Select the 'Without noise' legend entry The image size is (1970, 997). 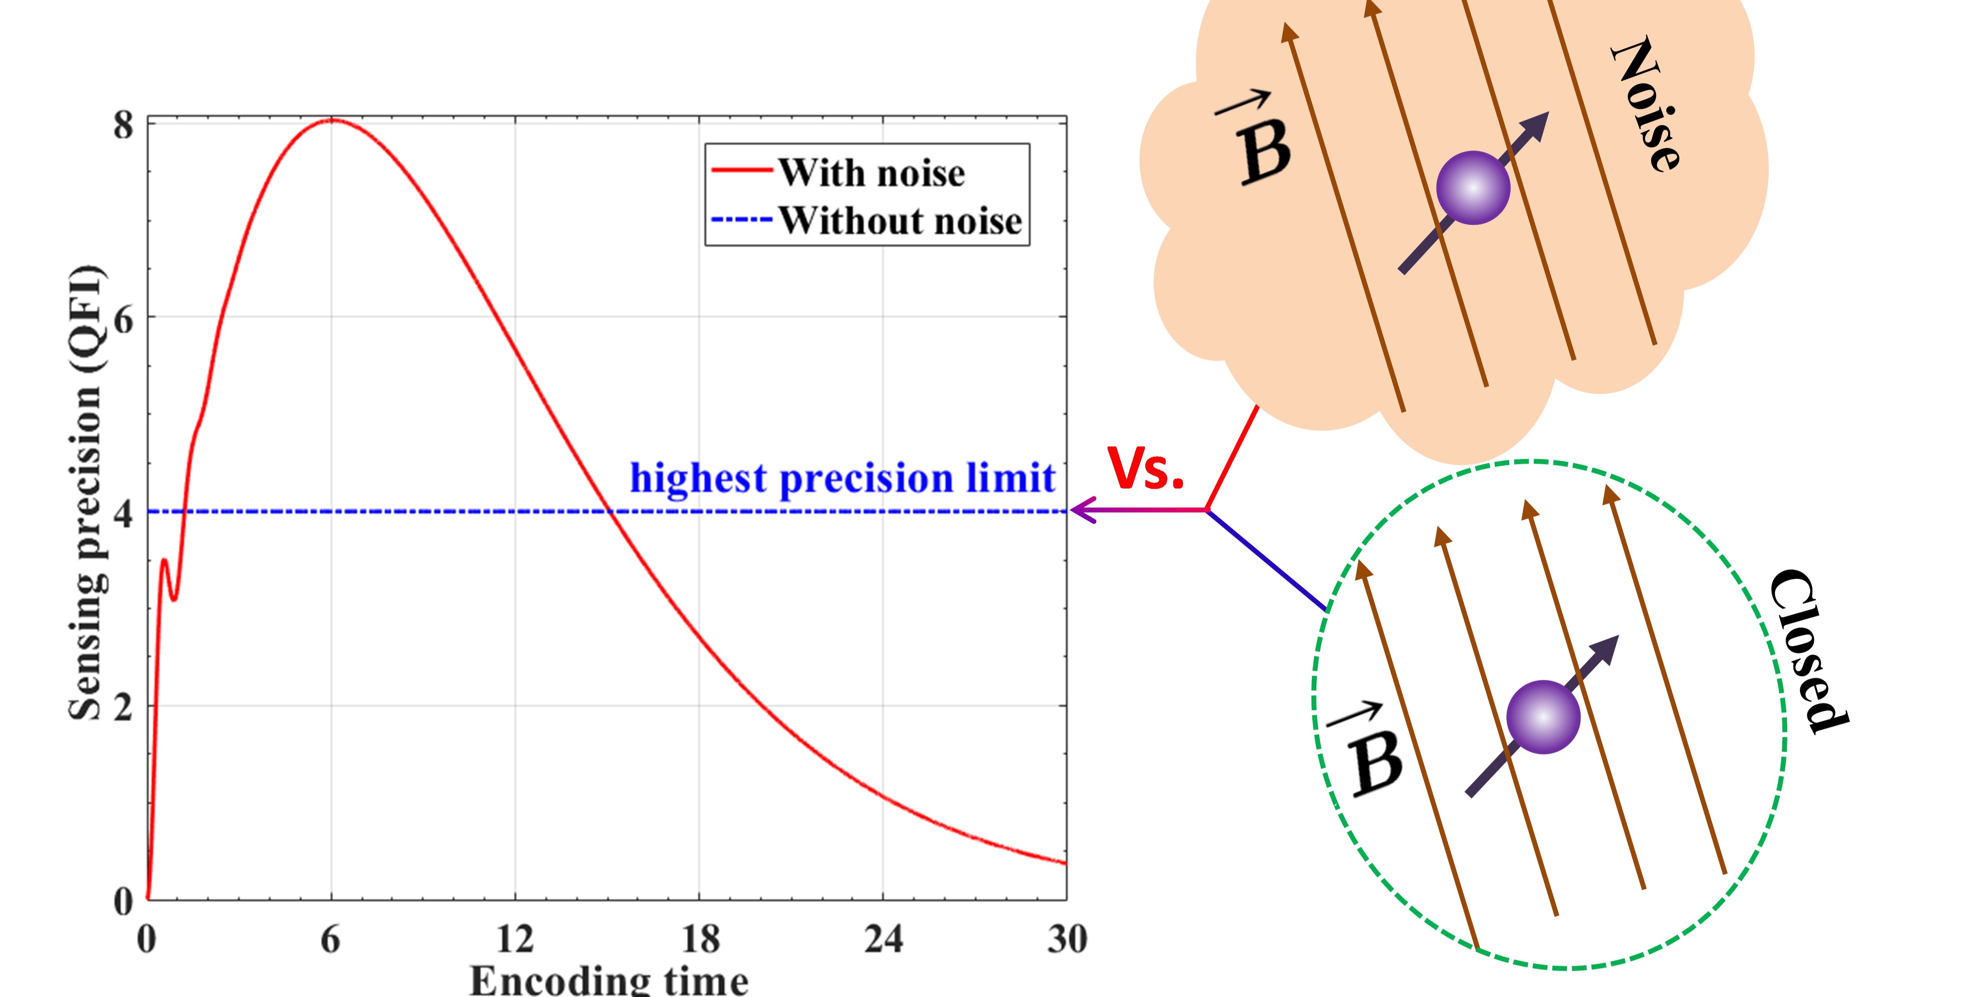pos(899,220)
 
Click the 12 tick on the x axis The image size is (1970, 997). pos(515,939)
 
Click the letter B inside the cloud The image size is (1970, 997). pos(1264,150)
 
